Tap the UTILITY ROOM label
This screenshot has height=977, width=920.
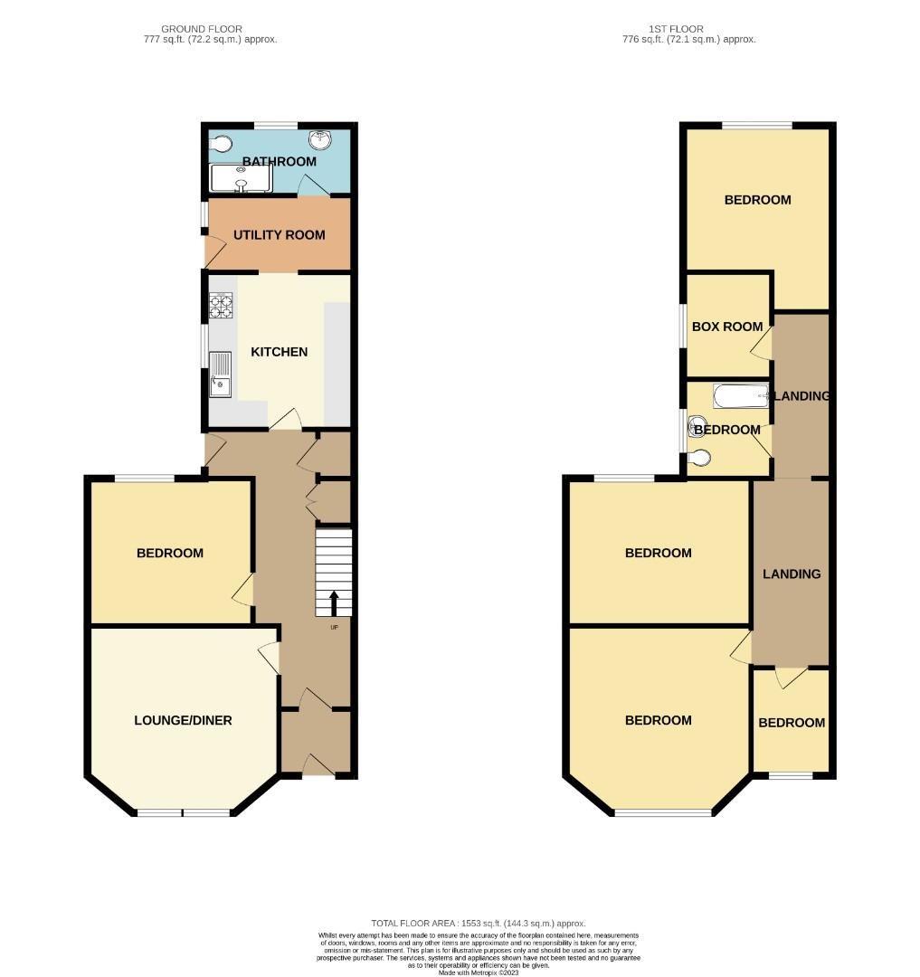(x=279, y=235)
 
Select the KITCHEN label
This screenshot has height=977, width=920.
(x=279, y=352)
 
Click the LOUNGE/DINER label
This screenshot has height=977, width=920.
(x=183, y=721)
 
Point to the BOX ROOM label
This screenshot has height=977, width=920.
(x=726, y=327)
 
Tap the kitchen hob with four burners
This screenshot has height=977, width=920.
(x=222, y=307)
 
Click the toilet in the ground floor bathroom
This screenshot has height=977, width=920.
(x=221, y=143)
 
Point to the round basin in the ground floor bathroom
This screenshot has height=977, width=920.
(x=318, y=140)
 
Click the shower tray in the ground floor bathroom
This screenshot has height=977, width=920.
(x=241, y=177)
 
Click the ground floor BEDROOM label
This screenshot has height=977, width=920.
(x=169, y=554)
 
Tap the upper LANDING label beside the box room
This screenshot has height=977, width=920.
(x=801, y=396)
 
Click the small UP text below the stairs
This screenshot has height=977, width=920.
(x=334, y=628)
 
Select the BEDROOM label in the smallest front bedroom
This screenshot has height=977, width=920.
(x=792, y=723)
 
